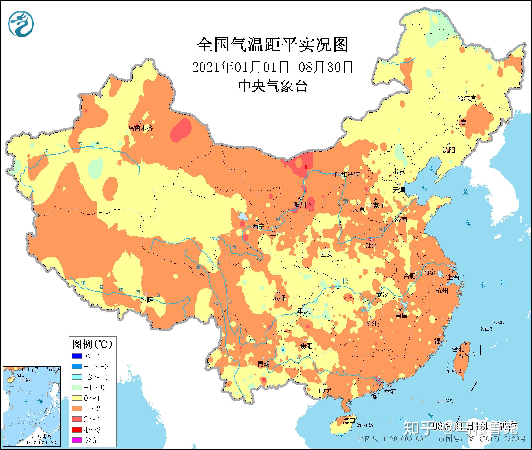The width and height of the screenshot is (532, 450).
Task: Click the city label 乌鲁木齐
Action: coord(141,128)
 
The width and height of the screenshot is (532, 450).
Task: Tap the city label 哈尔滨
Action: coord(466,99)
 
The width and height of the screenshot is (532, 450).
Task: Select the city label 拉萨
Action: coord(147,300)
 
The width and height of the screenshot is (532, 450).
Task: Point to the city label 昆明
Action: coord(264,364)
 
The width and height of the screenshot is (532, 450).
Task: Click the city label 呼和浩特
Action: coord(348,175)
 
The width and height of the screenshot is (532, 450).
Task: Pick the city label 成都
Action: coord(279,297)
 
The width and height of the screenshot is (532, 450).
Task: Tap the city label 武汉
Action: coord(382,295)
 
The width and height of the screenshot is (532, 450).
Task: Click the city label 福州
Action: coord(440,341)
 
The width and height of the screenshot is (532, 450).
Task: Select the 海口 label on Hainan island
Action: coord(349,420)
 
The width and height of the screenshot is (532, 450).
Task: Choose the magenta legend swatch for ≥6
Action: coord(77,440)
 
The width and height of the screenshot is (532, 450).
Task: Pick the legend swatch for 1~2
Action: coord(77,409)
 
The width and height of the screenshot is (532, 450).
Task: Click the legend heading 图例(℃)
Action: coord(92,344)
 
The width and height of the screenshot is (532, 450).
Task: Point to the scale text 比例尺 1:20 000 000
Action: coord(392,439)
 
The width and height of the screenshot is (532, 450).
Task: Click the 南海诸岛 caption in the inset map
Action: coord(42,437)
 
